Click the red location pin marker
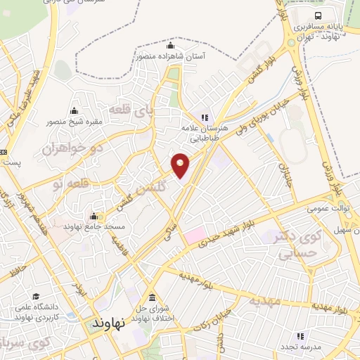(x=181, y=166)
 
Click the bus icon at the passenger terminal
(x=319, y=15)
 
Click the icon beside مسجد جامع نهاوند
(x=94, y=216)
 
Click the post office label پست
(x=11, y=163)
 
